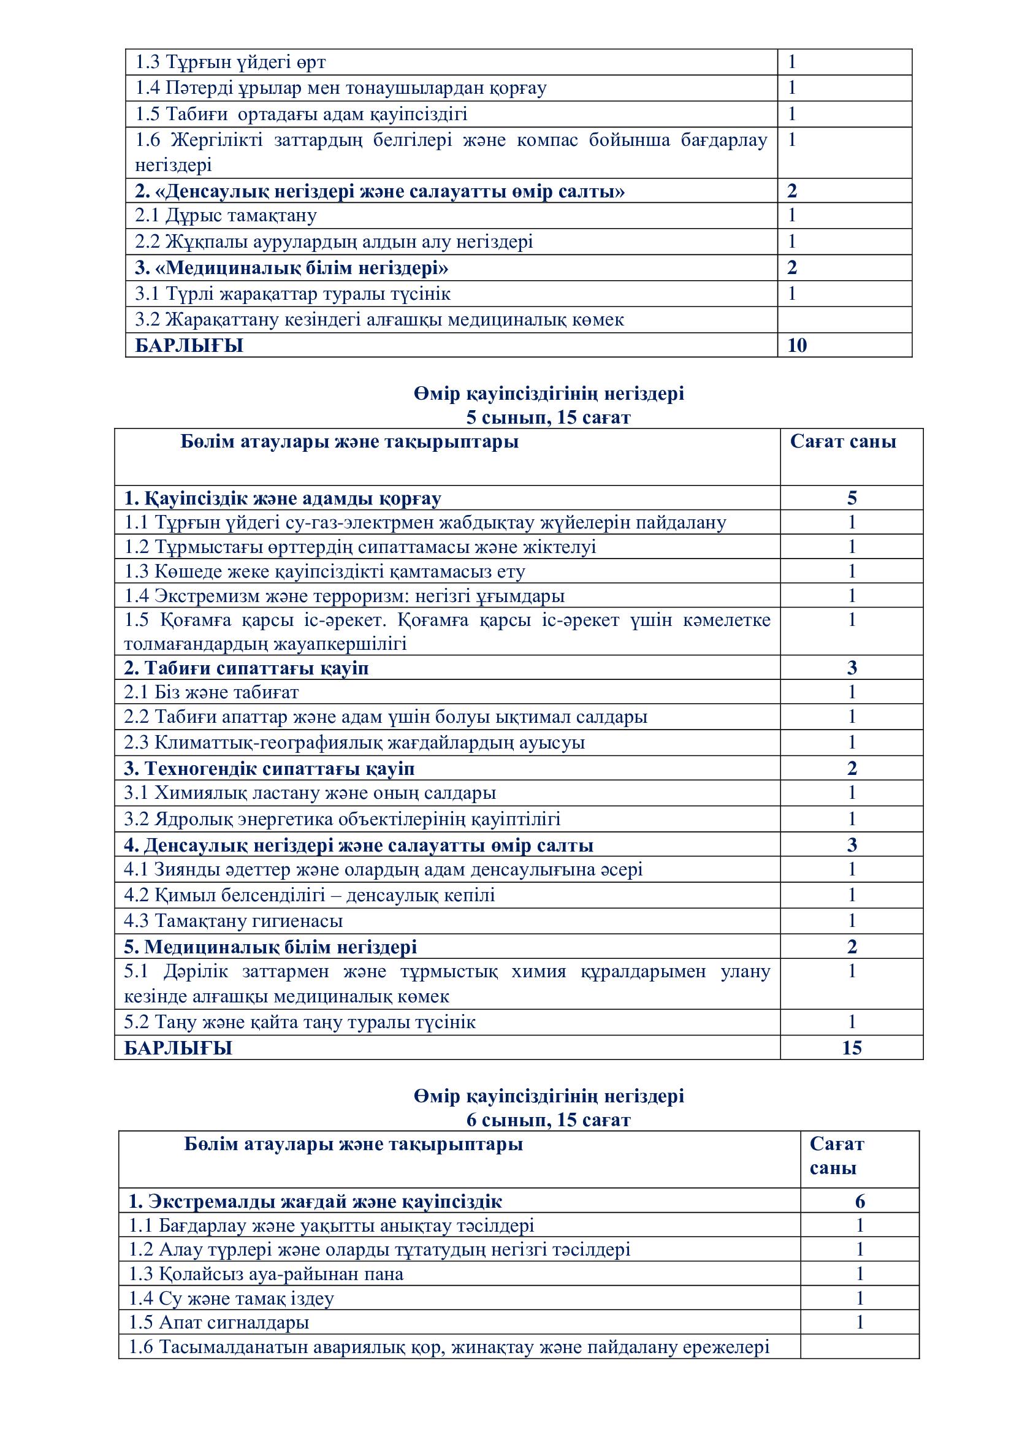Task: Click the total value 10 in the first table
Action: pyautogui.click(x=797, y=345)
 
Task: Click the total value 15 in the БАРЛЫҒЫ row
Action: pyautogui.click(x=852, y=1047)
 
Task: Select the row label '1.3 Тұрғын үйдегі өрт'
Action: pyautogui.click(x=231, y=63)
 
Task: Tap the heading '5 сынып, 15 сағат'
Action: pyautogui.click(x=548, y=418)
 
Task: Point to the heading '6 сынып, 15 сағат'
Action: pyautogui.click(x=548, y=1120)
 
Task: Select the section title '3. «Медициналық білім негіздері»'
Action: pyautogui.click(x=292, y=268)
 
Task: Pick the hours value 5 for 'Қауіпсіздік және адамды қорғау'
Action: pyautogui.click(x=852, y=498)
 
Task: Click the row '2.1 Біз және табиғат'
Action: pyautogui.click(x=211, y=692)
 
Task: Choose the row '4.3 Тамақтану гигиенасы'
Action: pyautogui.click(x=233, y=921)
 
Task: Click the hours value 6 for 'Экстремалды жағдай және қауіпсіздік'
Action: pyautogui.click(x=860, y=1201)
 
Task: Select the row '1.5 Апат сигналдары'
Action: pyautogui.click(x=218, y=1322)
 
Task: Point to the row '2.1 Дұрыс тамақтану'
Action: pyautogui.click(x=226, y=215)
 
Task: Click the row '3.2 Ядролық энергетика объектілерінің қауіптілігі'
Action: pyautogui.click(x=341, y=819)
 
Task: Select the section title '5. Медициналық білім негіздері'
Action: pyautogui.click(x=270, y=947)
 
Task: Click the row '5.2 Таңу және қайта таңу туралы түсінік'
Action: pyautogui.click(x=300, y=1023)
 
